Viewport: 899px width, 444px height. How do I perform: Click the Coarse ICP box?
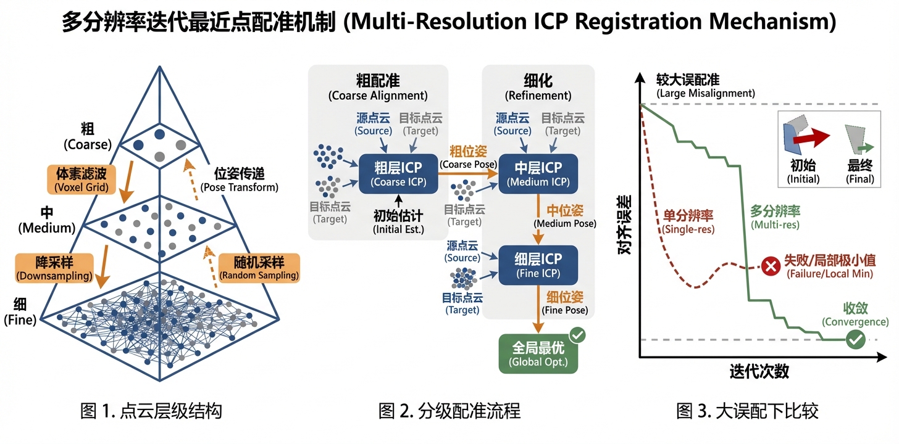tap(398, 174)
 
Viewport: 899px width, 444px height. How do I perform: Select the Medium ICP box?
tap(538, 174)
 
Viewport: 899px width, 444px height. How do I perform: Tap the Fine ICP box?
tap(538, 265)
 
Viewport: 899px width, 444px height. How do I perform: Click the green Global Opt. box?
tap(538, 353)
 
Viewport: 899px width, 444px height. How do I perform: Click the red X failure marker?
tap(770, 266)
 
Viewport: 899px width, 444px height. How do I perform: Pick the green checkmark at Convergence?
tap(855, 339)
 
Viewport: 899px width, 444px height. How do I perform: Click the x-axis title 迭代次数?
tap(759, 372)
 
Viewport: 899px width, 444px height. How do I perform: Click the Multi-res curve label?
tap(775, 217)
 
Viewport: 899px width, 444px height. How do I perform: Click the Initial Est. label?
tap(398, 222)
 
